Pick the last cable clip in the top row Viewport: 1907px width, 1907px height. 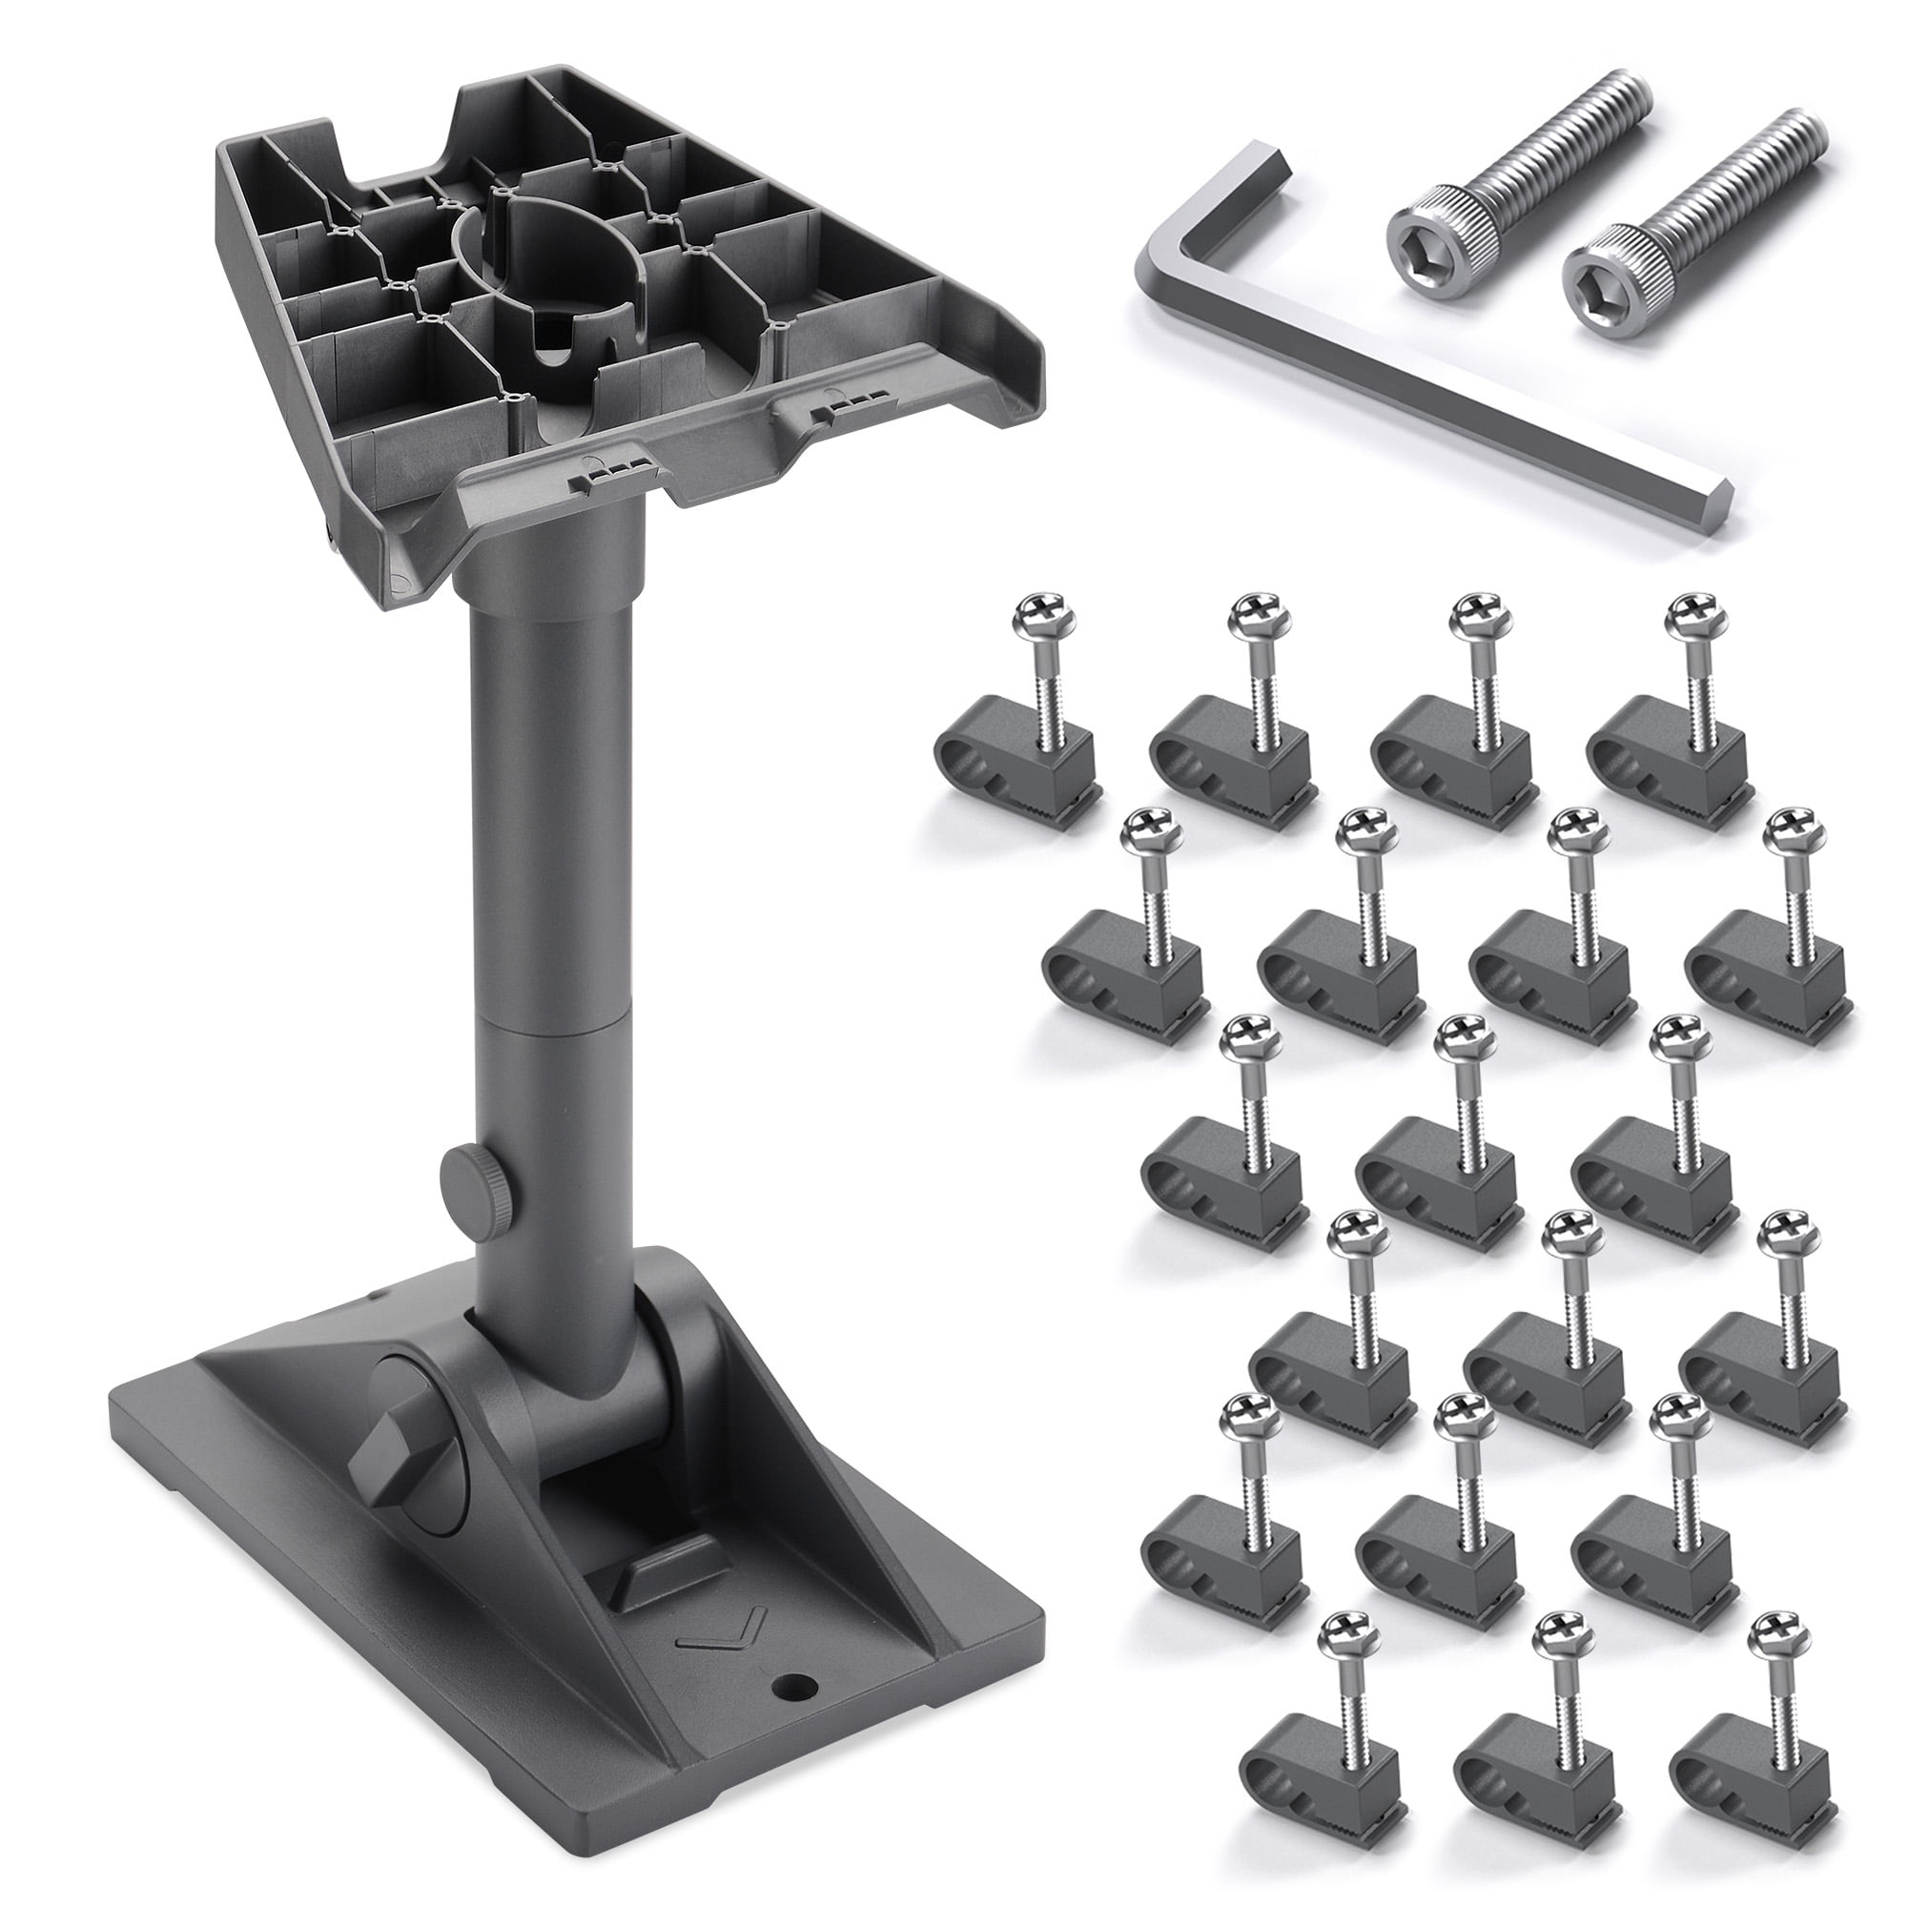1668,760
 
